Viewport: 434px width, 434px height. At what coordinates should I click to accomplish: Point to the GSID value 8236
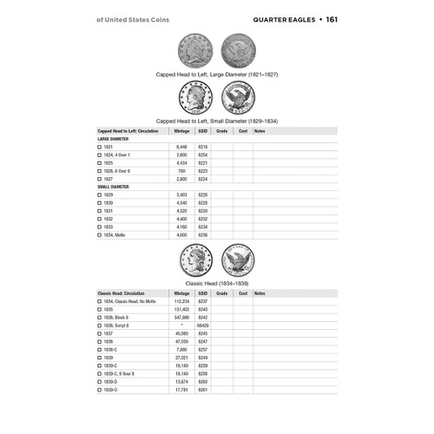203,234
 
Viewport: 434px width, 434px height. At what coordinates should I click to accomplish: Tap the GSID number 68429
203,326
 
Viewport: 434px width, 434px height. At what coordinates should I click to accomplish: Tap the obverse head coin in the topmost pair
195,49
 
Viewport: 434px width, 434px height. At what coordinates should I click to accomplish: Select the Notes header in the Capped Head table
260,130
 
